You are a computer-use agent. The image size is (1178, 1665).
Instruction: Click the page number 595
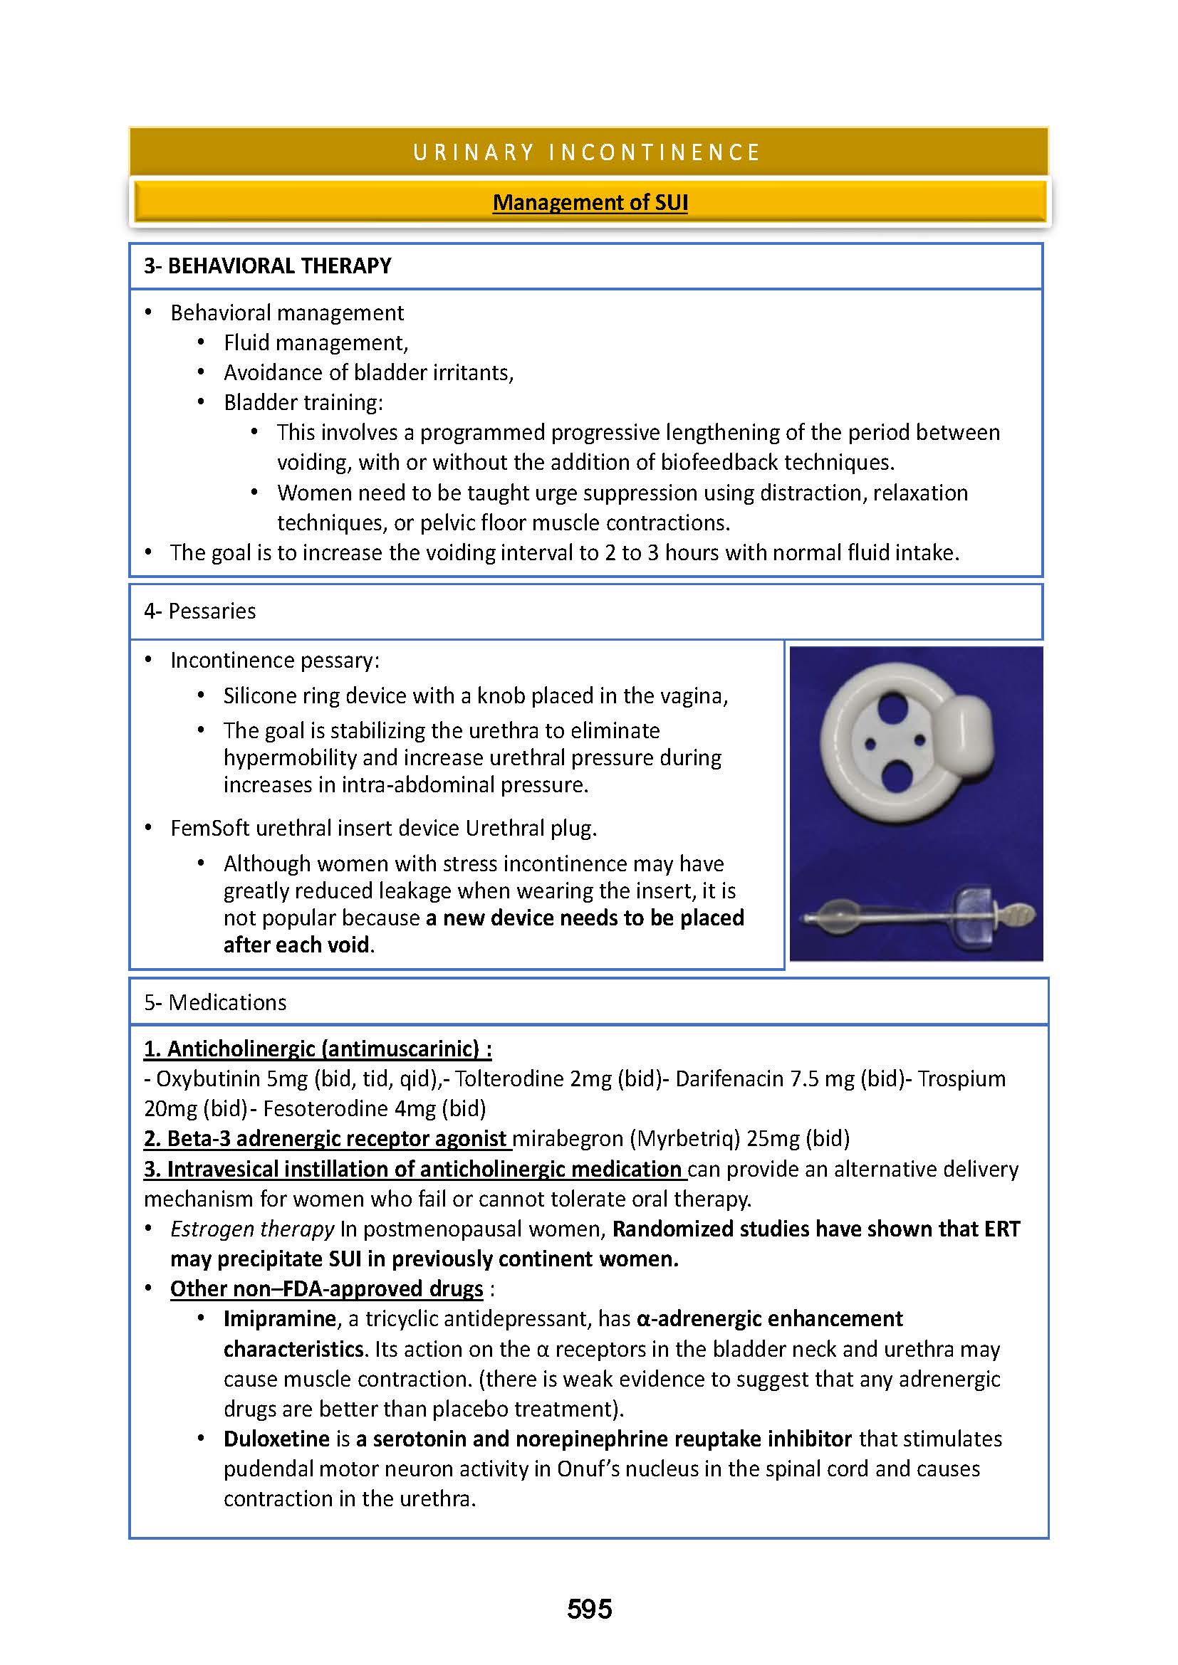click(x=589, y=1609)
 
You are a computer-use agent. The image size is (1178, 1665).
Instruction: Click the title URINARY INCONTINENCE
click(x=588, y=152)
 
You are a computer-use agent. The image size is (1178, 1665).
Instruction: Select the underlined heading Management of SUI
click(x=590, y=202)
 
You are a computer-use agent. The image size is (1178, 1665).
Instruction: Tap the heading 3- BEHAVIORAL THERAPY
click(x=268, y=266)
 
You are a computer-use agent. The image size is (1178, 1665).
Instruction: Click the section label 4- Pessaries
click(x=200, y=611)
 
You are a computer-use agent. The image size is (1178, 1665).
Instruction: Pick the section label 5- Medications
click(x=215, y=1002)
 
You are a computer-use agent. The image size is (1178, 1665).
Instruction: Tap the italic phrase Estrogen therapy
click(x=251, y=1229)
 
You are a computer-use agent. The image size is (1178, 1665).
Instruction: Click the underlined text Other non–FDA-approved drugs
click(x=326, y=1288)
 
